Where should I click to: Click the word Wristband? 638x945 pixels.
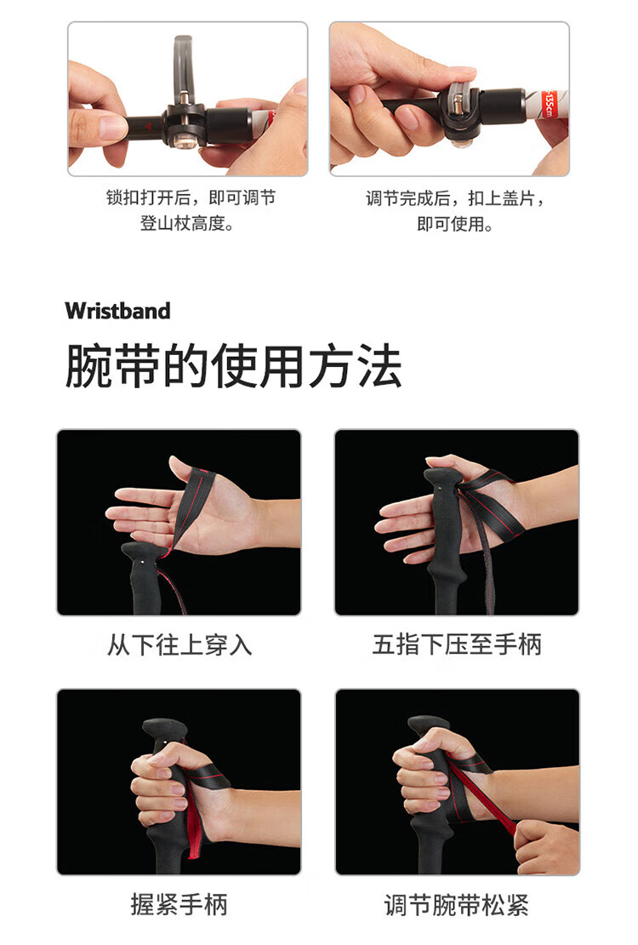coord(117,311)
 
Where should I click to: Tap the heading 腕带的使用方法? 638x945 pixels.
coord(233,365)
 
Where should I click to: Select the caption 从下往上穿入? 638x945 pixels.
coord(179,644)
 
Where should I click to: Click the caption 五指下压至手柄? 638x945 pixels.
coord(458,644)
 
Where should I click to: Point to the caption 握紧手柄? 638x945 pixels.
coord(179,905)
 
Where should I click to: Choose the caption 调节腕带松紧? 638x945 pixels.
coord(457,905)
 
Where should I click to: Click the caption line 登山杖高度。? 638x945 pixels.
coord(187,224)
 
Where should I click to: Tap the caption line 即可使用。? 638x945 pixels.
coord(455,224)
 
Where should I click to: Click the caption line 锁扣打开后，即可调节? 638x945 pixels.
coord(191,197)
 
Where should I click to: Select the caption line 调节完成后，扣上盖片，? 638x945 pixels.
coord(455,198)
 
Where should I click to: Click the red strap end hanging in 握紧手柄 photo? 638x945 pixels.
coord(194,826)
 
